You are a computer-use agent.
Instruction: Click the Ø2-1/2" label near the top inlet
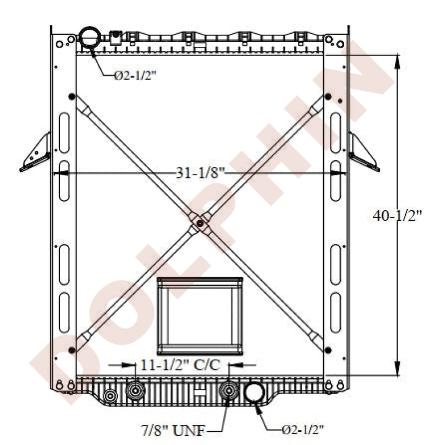[135, 76]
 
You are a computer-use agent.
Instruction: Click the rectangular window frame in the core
[199, 316]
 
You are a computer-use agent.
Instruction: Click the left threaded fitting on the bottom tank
[135, 392]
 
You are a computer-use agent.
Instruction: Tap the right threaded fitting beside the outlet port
[229, 392]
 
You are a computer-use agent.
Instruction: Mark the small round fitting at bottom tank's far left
[110, 395]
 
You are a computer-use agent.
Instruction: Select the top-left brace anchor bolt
[71, 97]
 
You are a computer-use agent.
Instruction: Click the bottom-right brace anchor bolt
[328, 348]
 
